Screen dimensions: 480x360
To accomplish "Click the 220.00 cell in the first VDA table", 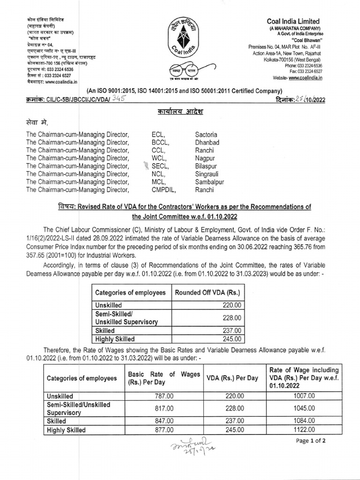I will (x=231, y=304).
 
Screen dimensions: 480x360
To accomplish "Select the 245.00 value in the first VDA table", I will (x=231, y=339).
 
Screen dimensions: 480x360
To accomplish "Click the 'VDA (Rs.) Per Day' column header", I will (x=232, y=378).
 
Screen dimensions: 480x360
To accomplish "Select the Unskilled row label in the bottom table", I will (x=60, y=396).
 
